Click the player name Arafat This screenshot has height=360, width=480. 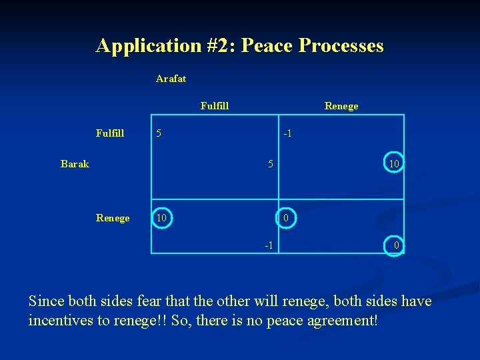point(171,79)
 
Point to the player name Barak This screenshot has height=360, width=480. point(75,164)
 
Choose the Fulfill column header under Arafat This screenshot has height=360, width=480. point(215,105)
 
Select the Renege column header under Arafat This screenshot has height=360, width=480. point(341,106)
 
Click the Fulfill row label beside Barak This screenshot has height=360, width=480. point(110,133)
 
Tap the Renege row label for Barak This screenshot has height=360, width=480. point(113,218)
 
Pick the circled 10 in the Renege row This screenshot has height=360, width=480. point(162,218)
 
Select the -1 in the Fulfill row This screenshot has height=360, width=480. point(287,133)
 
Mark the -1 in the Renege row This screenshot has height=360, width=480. point(268,245)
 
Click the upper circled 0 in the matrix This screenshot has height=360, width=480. point(285,218)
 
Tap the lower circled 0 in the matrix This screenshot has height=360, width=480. point(396,245)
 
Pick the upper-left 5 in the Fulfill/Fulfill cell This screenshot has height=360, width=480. point(159,133)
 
